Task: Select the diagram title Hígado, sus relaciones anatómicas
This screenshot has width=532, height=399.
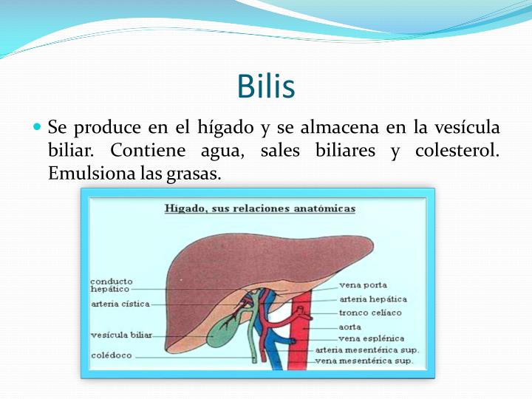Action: click(259, 209)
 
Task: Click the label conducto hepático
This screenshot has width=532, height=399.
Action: click(112, 285)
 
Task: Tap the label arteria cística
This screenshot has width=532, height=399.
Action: click(120, 304)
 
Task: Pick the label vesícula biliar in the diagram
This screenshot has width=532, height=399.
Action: click(121, 335)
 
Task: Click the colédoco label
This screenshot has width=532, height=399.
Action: click(111, 355)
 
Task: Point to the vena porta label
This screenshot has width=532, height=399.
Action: click(363, 285)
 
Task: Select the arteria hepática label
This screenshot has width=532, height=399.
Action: click(372, 299)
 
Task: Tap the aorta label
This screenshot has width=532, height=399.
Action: click(349, 326)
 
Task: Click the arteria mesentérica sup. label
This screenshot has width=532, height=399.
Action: click(367, 349)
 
